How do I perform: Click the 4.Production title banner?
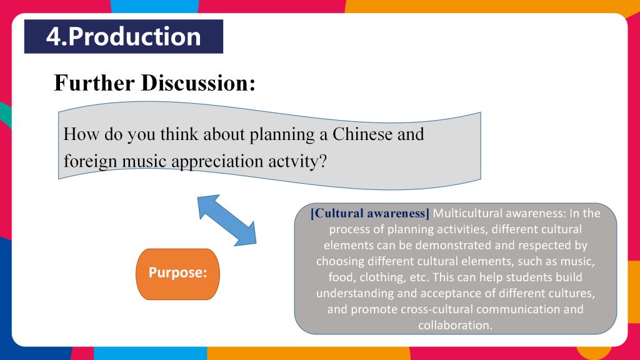pyautogui.click(x=124, y=36)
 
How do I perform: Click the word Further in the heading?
pyautogui.click(x=94, y=83)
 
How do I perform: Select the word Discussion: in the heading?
pyautogui.click(x=198, y=83)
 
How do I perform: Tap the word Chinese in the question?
pyautogui.click(x=362, y=134)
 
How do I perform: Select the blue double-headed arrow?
pyautogui.click(x=227, y=221)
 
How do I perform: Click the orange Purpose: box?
pyautogui.click(x=177, y=274)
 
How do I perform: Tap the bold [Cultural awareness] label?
pyautogui.click(x=370, y=213)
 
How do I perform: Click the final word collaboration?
pyautogui.click(x=456, y=325)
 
